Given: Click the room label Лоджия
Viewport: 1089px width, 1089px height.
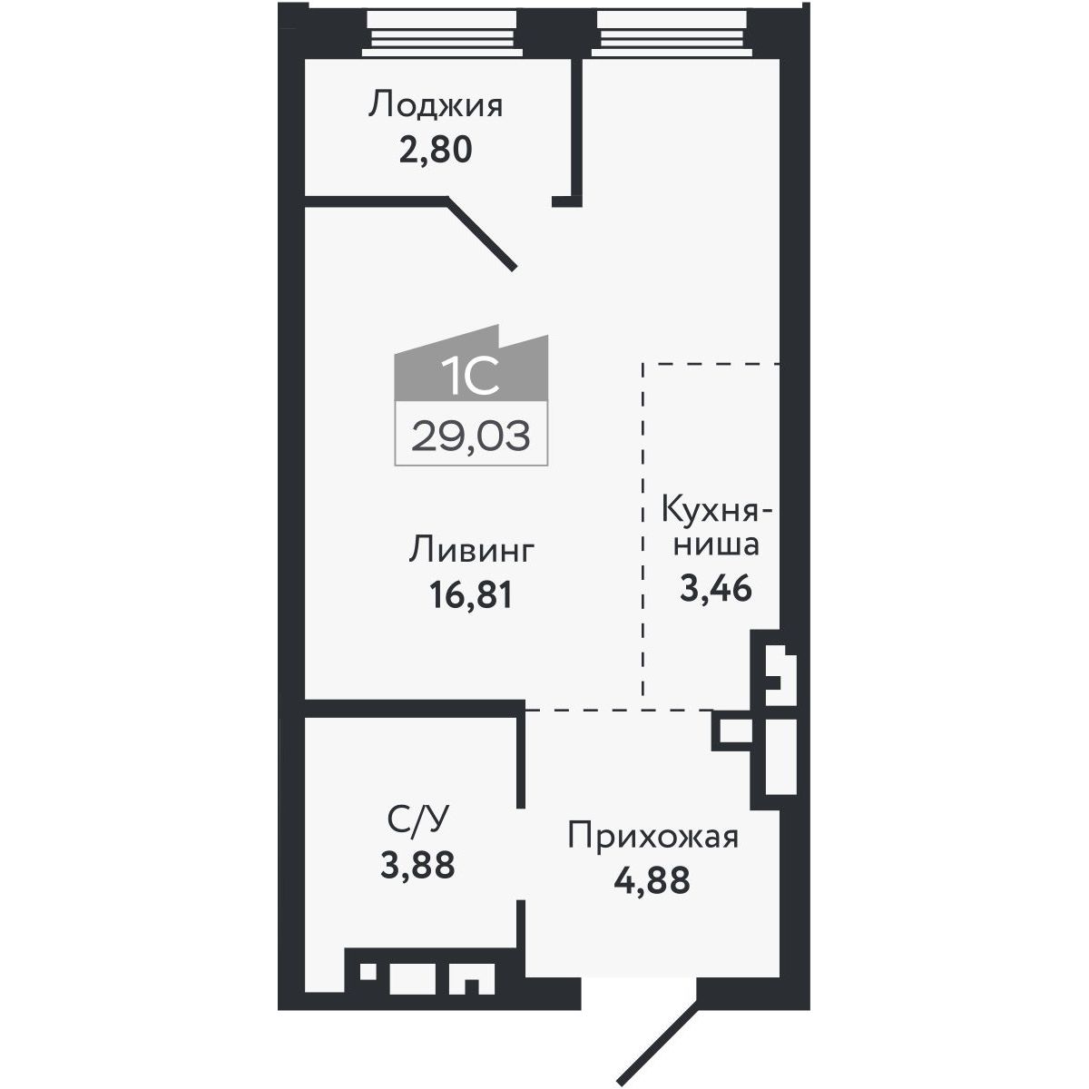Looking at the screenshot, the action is coord(436,106).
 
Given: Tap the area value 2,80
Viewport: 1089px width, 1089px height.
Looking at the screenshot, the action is coord(436,151).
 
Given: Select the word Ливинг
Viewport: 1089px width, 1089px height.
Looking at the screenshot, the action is coord(471,550).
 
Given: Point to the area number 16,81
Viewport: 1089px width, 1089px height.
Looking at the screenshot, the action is coord(471,595).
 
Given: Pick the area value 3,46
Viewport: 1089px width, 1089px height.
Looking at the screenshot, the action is coord(715,588).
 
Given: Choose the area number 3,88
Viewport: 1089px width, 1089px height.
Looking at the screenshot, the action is coord(417,865).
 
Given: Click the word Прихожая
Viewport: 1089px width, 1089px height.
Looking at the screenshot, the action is coord(652,837).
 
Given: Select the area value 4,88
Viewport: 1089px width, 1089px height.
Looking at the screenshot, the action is coord(652,881).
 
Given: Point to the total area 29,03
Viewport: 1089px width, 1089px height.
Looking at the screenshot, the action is coord(471,436).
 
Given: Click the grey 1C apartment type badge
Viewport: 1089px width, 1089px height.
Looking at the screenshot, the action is coord(471,363).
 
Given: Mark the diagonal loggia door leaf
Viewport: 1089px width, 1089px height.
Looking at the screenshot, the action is coord(481,234).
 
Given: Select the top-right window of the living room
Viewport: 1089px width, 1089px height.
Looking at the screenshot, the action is coord(672,34).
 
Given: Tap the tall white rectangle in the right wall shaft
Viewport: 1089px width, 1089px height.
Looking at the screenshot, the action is coord(781,756).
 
